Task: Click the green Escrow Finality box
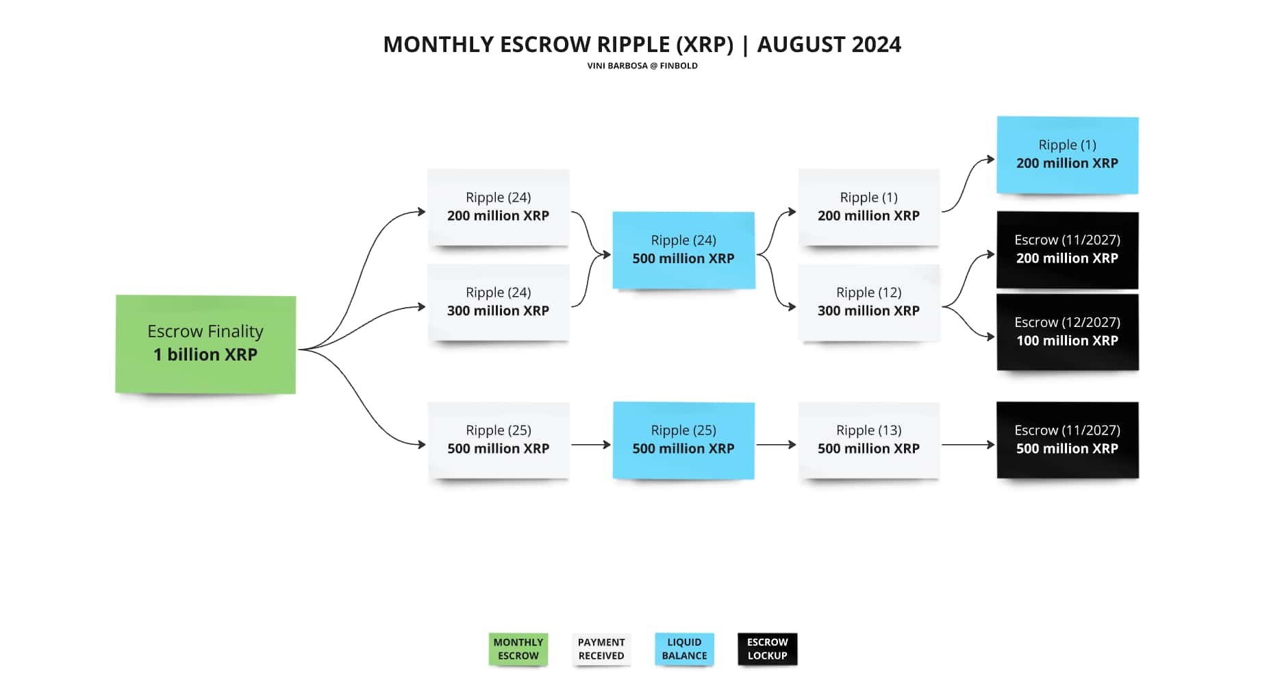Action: click(205, 344)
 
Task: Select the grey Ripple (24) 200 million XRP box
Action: click(498, 207)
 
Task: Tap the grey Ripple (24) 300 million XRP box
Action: click(498, 302)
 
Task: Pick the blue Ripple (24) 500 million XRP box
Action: click(683, 250)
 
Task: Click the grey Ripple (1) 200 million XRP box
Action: click(868, 207)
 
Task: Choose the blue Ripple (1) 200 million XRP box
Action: click(1067, 155)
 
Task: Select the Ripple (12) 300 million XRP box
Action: click(868, 302)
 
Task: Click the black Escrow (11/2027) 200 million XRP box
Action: click(1067, 249)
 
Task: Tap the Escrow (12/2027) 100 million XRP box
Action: click(1067, 332)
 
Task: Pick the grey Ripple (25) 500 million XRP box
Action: click(498, 440)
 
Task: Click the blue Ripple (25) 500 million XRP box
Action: click(683, 440)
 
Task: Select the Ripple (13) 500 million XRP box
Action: click(868, 440)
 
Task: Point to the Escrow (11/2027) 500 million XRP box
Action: click(1067, 440)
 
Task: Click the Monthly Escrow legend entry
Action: click(518, 648)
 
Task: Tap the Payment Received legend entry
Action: click(601, 648)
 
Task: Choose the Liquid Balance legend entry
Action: click(684, 648)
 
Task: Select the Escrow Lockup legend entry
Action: click(767, 648)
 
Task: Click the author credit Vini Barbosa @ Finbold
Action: click(642, 66)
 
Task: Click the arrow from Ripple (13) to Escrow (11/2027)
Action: click(968, 445)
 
